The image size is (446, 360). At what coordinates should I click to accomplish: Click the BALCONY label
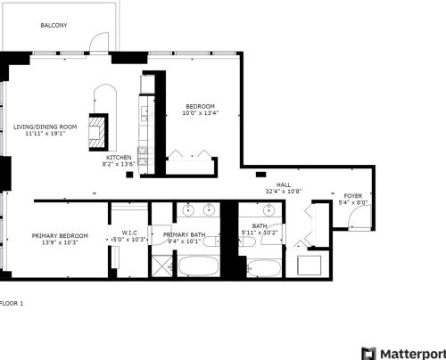[54, 25]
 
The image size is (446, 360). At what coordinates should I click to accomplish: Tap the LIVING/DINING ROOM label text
[45, 127]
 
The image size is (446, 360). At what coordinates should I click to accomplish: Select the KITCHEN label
[119, 157]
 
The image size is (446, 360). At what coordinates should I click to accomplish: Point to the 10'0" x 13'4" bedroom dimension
[199, 113]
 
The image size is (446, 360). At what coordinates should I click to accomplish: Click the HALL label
[284, 184]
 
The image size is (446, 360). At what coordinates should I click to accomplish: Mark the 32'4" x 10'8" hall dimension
[284, 192]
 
